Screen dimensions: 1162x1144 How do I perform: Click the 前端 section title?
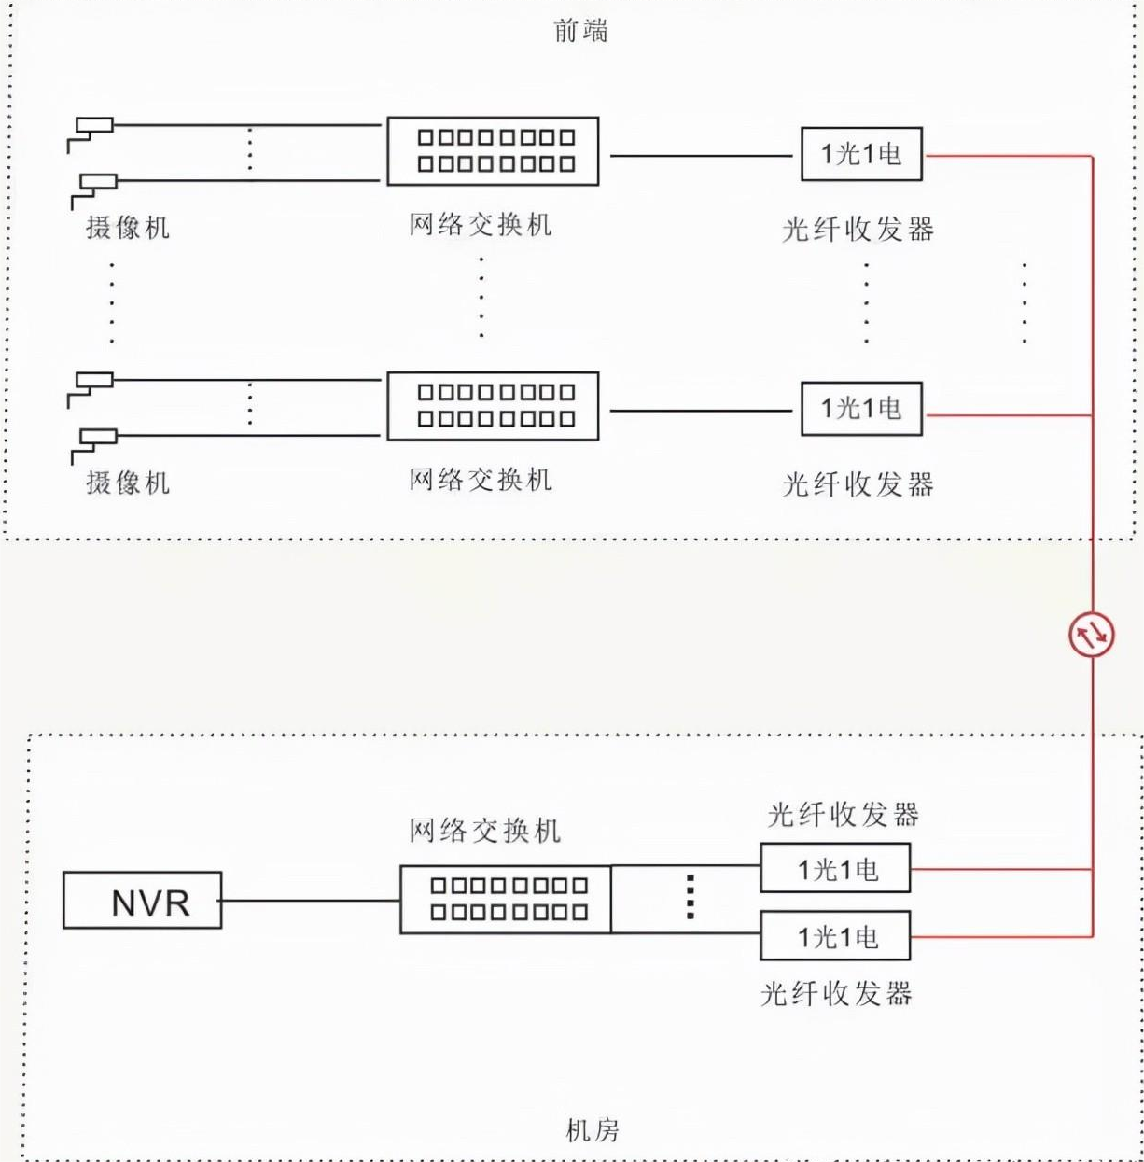coord(580,31)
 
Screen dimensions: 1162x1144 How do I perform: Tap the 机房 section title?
coord(592,1130)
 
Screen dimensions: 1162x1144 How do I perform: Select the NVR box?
coord(143,901)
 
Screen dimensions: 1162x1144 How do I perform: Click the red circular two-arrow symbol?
coord(1091,636)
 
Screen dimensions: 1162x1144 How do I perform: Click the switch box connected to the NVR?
coord(506,900)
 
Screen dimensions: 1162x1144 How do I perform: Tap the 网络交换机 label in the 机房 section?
coord(484,831)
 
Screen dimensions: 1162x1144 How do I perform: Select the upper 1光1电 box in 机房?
coord(835,869)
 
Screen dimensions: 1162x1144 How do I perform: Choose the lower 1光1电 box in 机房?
coord(835,936)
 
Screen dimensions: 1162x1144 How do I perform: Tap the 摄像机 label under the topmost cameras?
coord(128,227)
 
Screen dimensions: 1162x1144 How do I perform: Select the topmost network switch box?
coord(493,151)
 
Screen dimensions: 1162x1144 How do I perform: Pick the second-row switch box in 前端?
coord(493,406)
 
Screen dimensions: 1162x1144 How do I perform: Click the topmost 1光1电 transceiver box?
coord(861,154)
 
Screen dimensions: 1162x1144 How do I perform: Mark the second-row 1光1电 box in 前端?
coord(861,409)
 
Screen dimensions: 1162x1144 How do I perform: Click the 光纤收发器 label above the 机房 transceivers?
coord(843,815)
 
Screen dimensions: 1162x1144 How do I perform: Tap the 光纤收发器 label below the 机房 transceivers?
coord(836,993)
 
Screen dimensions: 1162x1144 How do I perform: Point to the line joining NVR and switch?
coord(311,901)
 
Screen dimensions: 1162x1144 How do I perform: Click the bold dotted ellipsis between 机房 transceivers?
coord(691,897)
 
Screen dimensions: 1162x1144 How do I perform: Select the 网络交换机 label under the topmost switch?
coord(481,225)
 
